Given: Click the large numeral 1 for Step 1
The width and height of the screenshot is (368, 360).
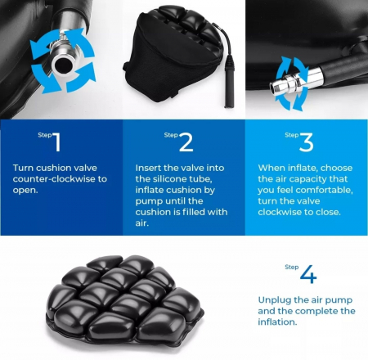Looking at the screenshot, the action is point(56,142).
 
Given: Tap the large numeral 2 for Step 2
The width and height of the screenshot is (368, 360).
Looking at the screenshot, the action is point(186,142).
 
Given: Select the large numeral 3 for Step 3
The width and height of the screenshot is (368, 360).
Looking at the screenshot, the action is point(307,142).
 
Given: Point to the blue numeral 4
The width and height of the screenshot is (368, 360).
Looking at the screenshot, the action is point(308,274).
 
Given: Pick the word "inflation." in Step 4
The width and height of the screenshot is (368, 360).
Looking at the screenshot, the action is point(277,322).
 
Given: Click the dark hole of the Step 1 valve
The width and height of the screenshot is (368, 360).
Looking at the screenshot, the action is point(63,65).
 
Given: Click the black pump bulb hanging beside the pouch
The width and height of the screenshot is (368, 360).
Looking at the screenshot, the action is point(229,81).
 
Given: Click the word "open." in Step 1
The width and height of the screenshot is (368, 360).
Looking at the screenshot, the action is point(25,191).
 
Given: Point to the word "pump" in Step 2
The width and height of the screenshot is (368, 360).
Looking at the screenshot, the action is point(148,202).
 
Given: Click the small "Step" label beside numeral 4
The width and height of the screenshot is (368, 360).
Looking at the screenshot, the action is point(292,267).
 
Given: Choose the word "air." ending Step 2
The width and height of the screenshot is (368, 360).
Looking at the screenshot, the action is point(141,223).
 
